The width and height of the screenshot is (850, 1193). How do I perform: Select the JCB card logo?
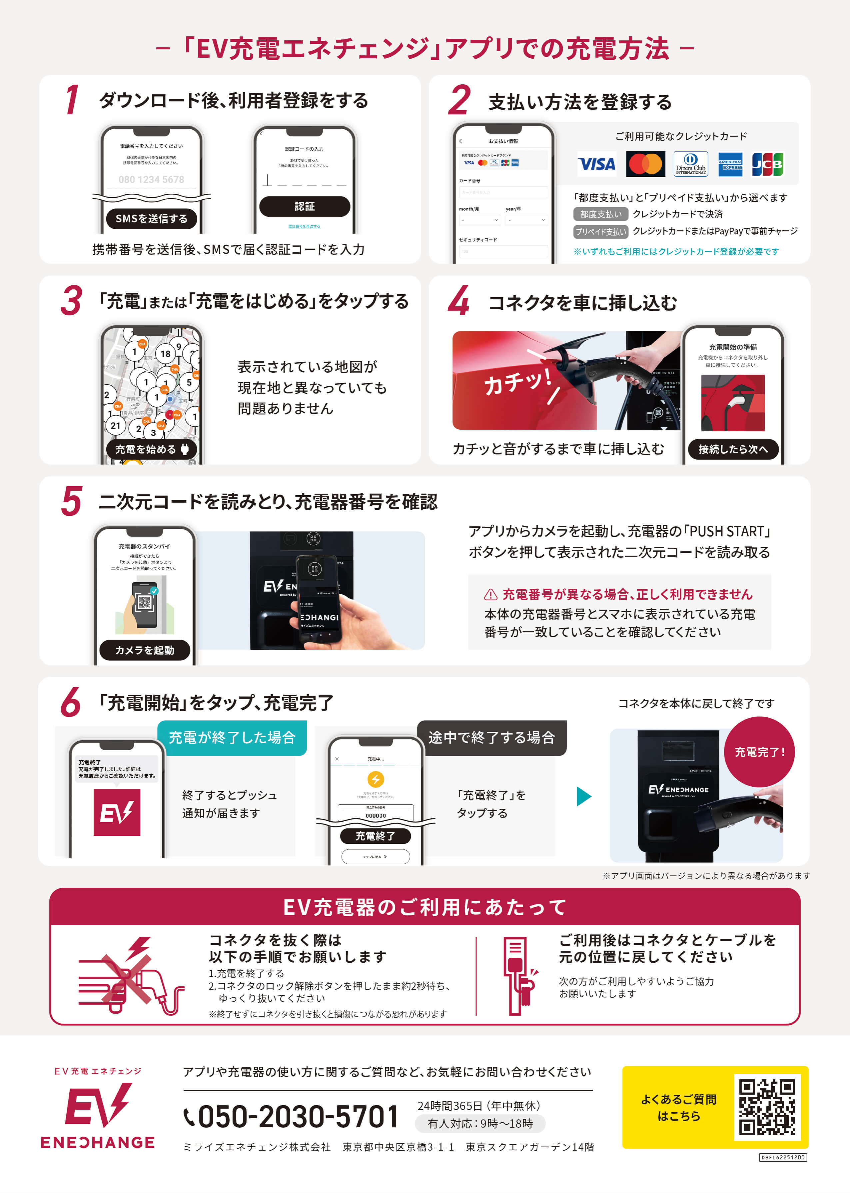767,164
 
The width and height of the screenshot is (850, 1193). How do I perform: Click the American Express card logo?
730,164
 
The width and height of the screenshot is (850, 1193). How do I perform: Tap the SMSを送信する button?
151,219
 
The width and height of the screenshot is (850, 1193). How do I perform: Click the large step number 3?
71,302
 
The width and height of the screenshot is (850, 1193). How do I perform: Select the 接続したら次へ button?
733,449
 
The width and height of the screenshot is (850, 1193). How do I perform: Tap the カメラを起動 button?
145,650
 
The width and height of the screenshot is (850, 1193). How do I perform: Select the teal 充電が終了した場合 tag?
232,738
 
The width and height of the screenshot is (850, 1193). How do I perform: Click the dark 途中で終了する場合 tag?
491,738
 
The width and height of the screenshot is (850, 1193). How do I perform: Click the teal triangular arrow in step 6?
583,796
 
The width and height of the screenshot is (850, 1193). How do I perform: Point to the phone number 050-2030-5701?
298,1117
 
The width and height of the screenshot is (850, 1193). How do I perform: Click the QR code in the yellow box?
766,1107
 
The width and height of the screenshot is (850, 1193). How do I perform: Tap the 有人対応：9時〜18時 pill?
480,1123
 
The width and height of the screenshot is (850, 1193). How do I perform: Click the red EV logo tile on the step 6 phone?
117,812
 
